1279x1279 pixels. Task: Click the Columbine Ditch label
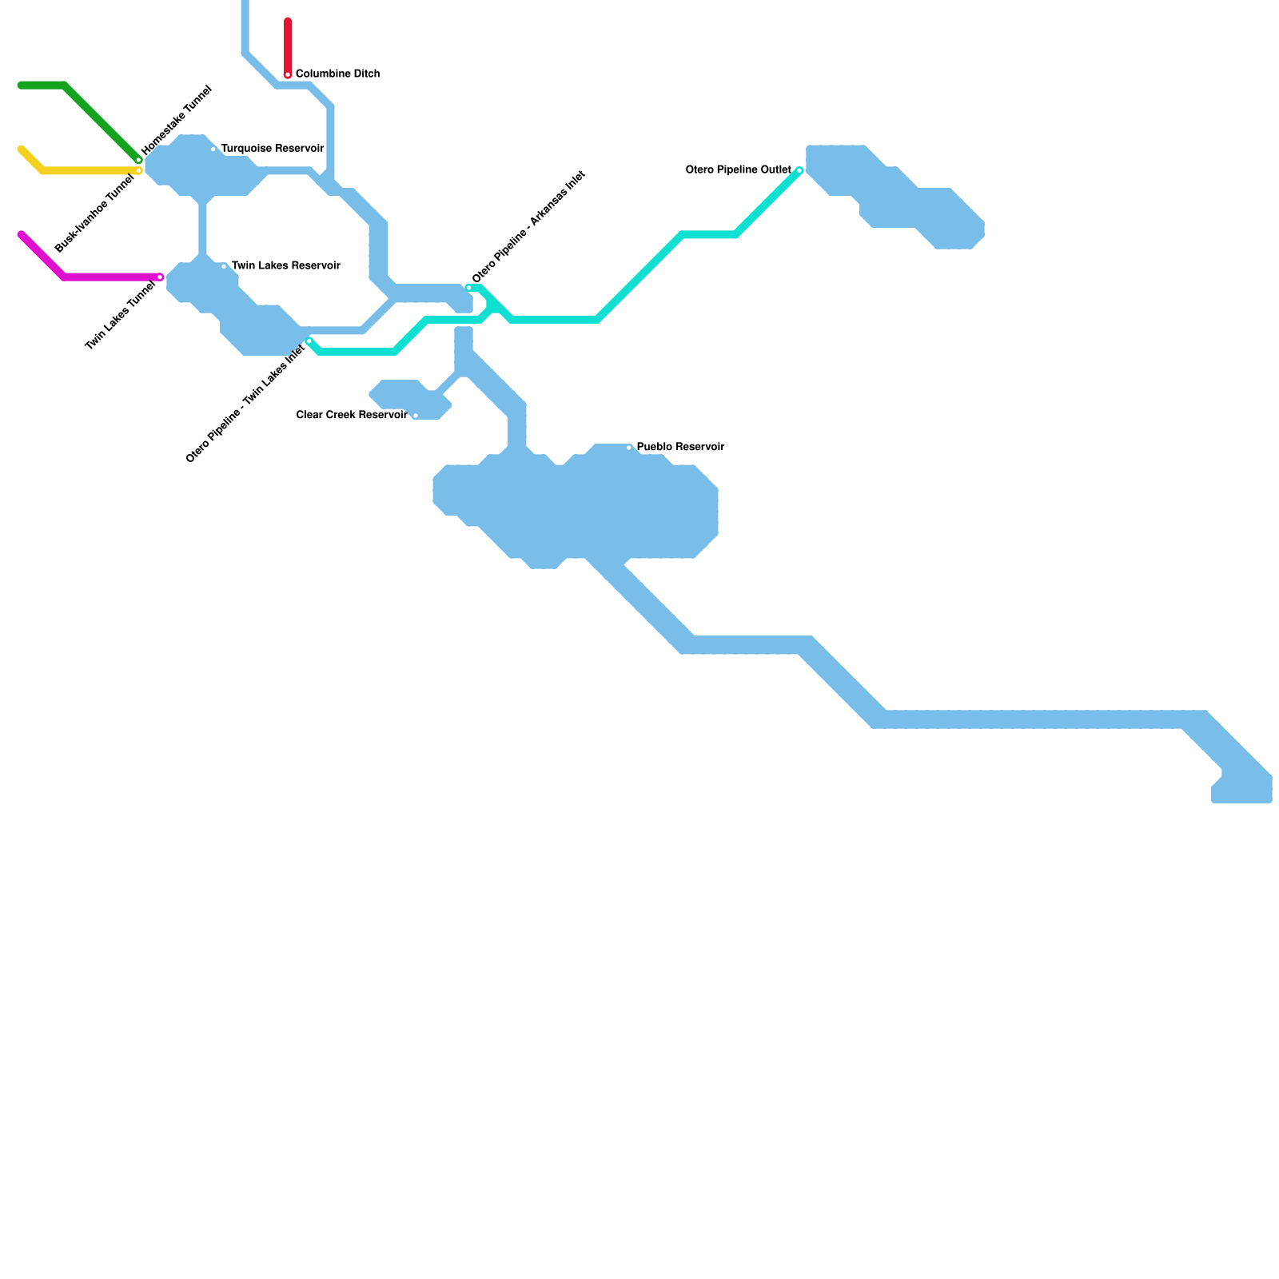coord(337,74)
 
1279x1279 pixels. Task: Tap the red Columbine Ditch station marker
coord(288,75)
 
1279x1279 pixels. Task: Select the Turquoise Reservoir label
coord(272,149)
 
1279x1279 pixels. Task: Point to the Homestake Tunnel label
coord(177,120)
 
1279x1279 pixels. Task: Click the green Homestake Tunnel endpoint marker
coord(138,160)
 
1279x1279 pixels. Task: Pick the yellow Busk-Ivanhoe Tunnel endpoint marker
coord(138,171)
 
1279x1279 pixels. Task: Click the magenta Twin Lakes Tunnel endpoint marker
coord(160,277)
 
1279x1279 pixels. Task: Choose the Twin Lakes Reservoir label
coord(285,266)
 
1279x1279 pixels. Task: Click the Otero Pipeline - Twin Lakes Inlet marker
coord(309,342)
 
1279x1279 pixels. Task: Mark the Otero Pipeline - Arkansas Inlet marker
coord(469,288)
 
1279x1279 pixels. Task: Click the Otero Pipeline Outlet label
coord(738,170)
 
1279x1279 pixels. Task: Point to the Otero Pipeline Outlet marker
coord(799,170)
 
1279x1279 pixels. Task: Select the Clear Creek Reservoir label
coord(352,416)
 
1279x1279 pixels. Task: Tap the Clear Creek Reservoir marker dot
coord(416,416)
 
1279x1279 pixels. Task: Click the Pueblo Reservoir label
coord(680,448)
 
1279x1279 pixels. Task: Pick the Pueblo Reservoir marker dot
coord(629,448)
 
